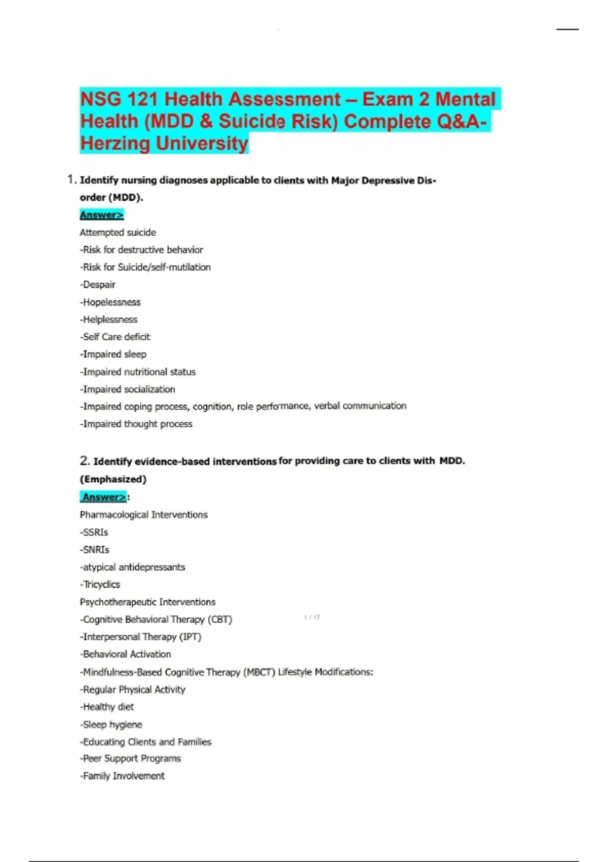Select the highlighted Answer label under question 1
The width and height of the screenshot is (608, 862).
coord(101,215)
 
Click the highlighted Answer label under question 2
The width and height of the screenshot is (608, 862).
coord(104,497)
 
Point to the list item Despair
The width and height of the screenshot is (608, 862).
coord(98,284)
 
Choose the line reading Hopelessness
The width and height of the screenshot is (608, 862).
coord(110,302)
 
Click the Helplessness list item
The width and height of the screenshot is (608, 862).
coord(109,319)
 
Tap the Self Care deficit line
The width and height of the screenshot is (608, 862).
coord(115,337)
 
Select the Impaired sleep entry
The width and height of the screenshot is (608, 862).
coord(113,354)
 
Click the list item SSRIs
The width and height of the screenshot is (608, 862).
coord(94,532)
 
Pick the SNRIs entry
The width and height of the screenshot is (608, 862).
coord(95,550)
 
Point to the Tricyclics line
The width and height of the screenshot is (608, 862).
coord(100,585)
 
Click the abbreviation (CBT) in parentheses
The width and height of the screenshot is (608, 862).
coord(220,620)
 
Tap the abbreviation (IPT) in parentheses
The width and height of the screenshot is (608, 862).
coord(191,637)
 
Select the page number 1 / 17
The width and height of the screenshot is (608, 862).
coord(312,618)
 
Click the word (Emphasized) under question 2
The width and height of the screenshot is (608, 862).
coord(113,479)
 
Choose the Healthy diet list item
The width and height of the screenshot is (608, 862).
coord(107,707)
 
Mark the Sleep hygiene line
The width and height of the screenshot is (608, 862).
coord(111,725)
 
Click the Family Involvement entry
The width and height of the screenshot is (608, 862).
coord(122,776)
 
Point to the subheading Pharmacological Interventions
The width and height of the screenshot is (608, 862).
coord(143,515)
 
